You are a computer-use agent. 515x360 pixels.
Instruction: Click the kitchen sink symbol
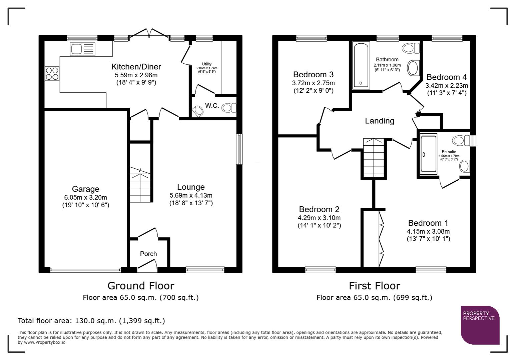(82, 49)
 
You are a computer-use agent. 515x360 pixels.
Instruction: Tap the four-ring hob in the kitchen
(52, 74)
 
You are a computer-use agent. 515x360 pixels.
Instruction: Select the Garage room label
(85, 189)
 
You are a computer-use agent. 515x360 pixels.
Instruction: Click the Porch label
(148, 254)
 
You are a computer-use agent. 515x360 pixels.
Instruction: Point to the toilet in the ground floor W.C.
(229, 108)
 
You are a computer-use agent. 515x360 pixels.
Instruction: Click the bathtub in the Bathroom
(361, 65)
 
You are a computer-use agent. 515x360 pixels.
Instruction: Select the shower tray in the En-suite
(428, 154)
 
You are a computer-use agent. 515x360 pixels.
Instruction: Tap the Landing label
(379, 121)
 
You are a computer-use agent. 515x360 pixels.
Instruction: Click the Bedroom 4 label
(446, 77)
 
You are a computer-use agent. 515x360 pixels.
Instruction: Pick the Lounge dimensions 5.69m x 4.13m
(191, 196)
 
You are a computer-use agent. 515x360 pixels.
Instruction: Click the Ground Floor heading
(140, 286)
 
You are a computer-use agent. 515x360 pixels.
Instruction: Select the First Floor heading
(374, 286)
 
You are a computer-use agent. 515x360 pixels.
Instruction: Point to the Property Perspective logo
(480, 325)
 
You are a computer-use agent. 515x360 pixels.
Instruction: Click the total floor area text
(91, 321)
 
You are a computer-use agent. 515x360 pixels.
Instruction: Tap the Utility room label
(206, 64)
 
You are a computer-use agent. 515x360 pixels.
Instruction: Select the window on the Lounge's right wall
(239, 149)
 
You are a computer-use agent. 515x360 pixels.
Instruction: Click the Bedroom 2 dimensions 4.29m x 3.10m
(319, 218)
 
